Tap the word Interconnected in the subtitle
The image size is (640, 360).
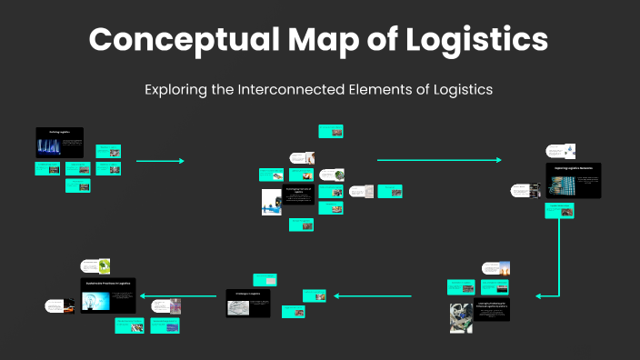pyautogui.click(x=323, y=89)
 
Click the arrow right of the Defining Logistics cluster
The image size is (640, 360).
pyautogui.click(x=160, y=161)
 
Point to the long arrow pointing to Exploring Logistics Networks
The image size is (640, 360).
pyautogui.click(x=438, y=160)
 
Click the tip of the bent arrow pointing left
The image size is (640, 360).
pyautogui.click(x=539, y=295)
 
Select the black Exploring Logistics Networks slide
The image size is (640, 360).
pyautogui.click(x=573, y=181)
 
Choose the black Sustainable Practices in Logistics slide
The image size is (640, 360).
pyautogui.click(x=106, y=295)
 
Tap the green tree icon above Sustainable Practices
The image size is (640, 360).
pyautogui.click(x=105, y=266)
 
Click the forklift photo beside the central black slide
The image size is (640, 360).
pyautogui.click(x=272, y=202)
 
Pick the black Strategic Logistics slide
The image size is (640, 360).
pyautogui.click(x=248, y=303)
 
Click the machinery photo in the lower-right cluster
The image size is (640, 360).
pyautogui.click(x=461, y=318)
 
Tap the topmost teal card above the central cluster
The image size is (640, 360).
pyautogui.click(x=330, y=132)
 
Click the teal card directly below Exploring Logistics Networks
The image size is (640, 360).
pyautogui.click(x=560, y=210)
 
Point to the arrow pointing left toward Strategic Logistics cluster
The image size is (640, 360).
pyautogui.click(x=373, y=295)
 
